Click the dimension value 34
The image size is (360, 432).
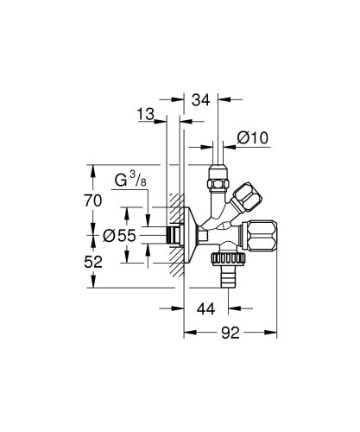pos(201,100)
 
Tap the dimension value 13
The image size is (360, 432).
pos(145,114)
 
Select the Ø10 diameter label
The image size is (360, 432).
pos(253,137)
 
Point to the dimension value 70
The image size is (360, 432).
pos(93,200)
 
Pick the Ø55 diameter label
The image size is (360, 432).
pos(119,236)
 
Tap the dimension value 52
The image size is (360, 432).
pos(93,262)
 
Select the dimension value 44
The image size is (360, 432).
pos(205,309)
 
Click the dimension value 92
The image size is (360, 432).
pos(231,333)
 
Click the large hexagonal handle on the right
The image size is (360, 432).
pos(261,236)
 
